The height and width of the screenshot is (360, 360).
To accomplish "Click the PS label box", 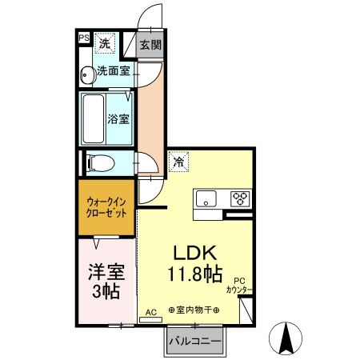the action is tap(84, 38).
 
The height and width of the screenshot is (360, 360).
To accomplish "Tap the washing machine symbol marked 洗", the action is tap(105, 43).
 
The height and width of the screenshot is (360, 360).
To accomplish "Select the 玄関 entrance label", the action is tap(150, 45).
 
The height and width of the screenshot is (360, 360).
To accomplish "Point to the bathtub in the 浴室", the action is tap(94, 119).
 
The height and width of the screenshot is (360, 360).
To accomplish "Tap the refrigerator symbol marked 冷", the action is tap(178, 162).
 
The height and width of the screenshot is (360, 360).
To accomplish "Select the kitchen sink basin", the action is tap(206, 198).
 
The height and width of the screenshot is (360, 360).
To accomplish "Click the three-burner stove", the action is tap(241, 198).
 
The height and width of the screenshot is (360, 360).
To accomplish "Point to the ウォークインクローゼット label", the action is tap(106, 207).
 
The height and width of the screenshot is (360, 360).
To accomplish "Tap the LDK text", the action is tap(195, 253).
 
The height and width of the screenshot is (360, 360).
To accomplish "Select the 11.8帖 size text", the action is tap(195, 274).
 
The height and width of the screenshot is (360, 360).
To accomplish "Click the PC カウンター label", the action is tap(239, 286).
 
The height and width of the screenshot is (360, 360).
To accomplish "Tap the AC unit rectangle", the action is tap(151, 319).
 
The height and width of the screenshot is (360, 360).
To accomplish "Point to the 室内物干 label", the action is tap(194, 310).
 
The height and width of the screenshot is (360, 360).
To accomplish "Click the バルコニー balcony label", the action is tap(195, 341).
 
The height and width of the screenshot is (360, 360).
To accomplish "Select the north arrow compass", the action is tap(286, 338).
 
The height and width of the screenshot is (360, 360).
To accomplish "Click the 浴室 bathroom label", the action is tap(118, 119).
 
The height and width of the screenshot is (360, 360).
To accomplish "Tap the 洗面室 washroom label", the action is tap(114, 70).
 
